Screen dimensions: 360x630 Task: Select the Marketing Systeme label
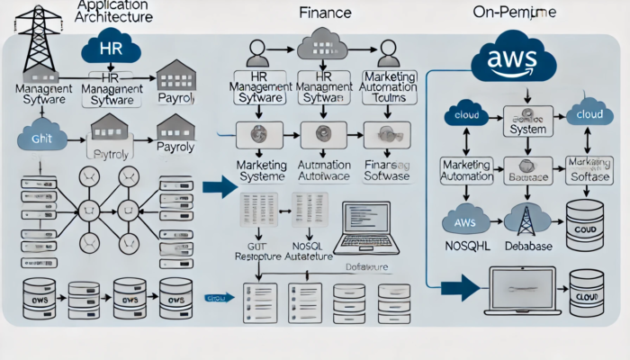[x=261, y=171]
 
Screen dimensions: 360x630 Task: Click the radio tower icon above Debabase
[x=521, y=218]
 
